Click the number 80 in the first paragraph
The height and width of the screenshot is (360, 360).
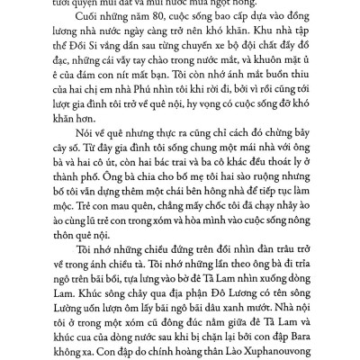(138, 26)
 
